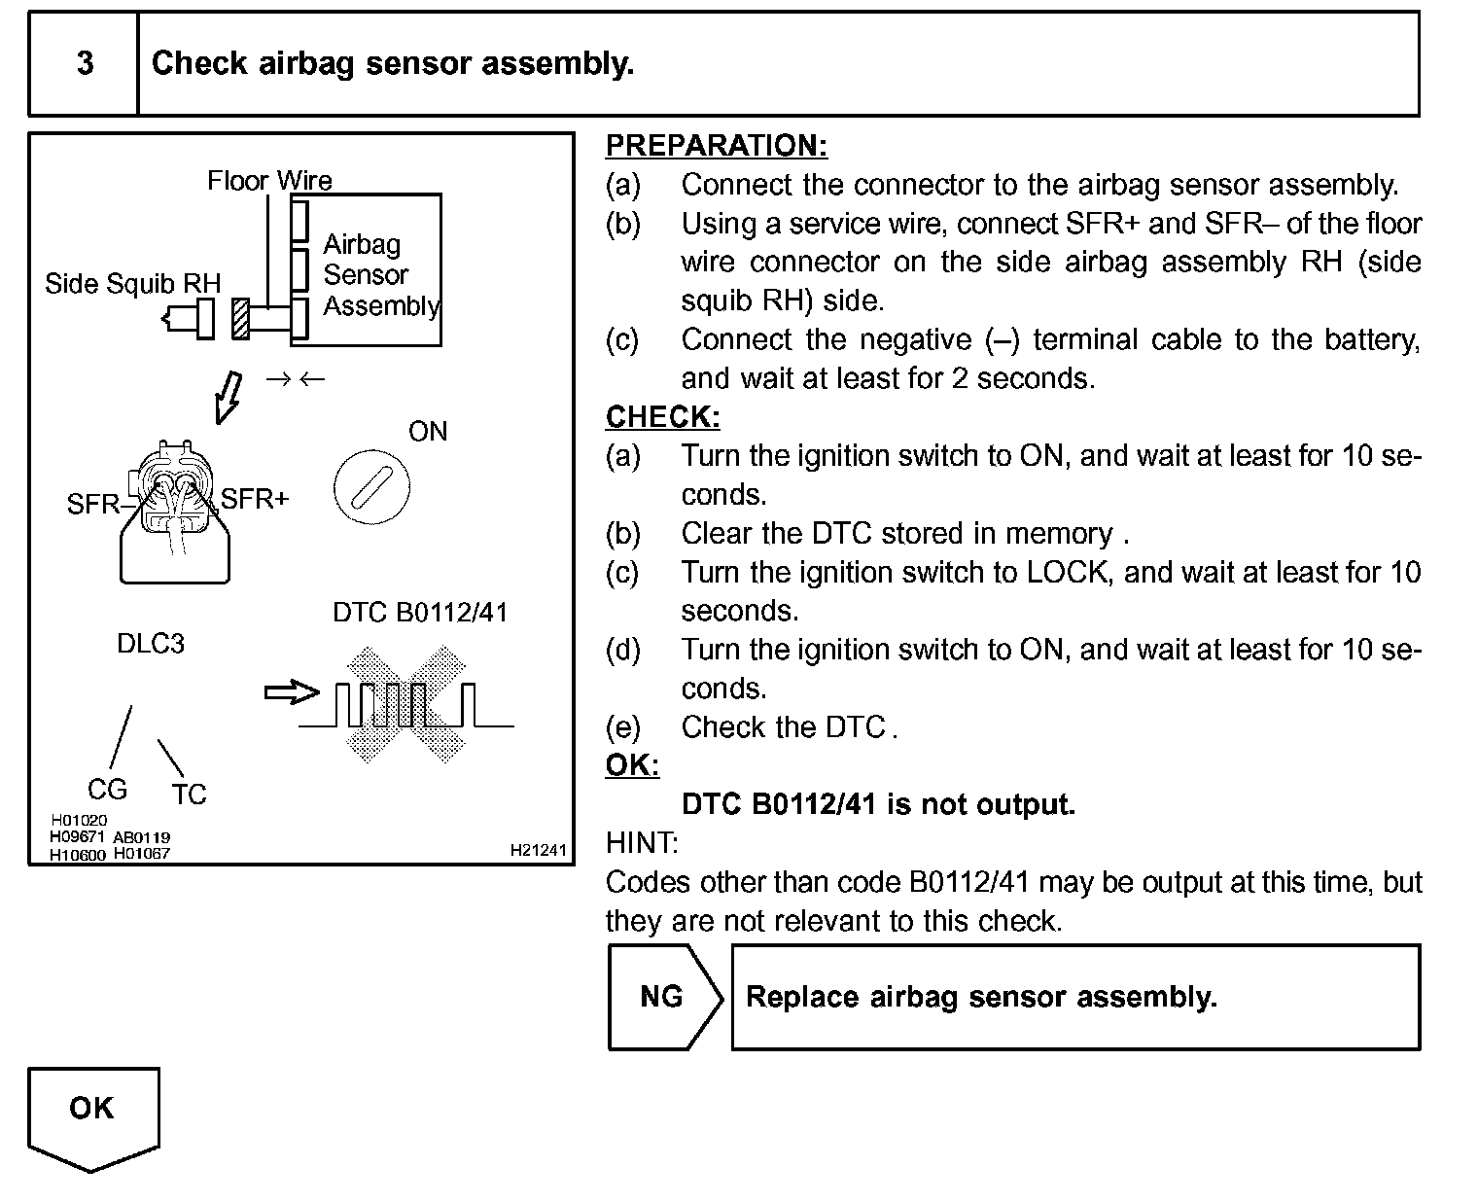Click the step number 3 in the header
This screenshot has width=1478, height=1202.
point(85,63)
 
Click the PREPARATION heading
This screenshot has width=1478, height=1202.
point(716,146)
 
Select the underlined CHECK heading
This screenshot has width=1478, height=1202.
point(662,417)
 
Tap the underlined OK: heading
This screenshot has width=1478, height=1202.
point(632,765)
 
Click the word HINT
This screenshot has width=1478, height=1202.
point(641,842)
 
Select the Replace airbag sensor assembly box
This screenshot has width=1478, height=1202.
point(1075,997)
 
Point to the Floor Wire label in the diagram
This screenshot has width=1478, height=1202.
point(269,180)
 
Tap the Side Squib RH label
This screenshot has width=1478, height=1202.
point(132,284)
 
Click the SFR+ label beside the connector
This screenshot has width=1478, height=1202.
point(255,499)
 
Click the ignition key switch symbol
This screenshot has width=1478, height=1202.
point(370,486)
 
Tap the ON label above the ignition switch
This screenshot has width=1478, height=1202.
point(428,431)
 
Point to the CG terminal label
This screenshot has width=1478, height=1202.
point(107,789)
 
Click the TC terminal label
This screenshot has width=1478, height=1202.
point(189,795)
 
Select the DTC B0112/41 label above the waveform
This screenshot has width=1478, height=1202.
point(420,612)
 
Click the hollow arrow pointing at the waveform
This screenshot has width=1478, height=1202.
point(292,692)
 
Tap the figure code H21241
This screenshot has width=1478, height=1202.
point(538,850)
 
